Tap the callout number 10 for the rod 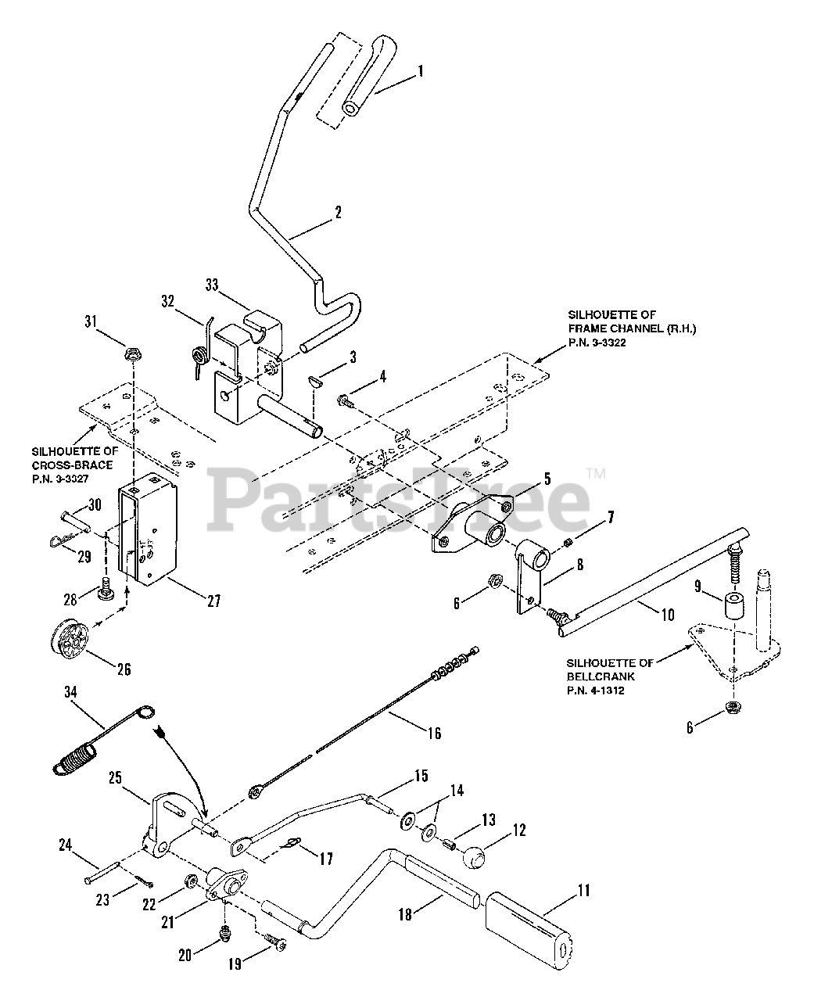[x=667, y=615]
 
